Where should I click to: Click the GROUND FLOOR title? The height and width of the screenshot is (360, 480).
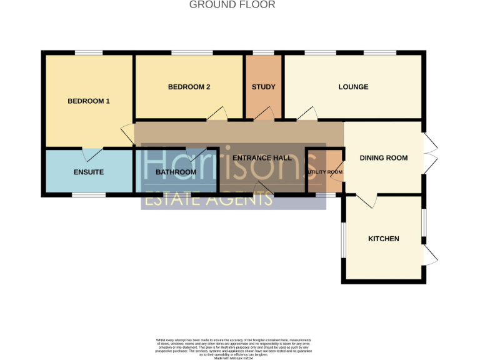[x=232, y=5]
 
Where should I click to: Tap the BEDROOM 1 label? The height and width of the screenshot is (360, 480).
[x=89, y=101]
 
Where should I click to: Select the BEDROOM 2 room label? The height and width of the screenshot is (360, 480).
[x=189, y=87]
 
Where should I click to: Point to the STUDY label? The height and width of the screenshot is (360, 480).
[x=263, y=87]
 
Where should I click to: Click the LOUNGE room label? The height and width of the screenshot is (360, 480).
[x=353, y=87]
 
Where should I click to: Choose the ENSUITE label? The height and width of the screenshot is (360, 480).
[x=88, y=172]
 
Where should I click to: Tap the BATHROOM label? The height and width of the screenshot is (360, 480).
[x=176, y=172]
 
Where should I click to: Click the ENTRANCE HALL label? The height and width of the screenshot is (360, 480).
[x=262, y=158]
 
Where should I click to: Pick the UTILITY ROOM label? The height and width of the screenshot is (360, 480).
[x=324, y=172]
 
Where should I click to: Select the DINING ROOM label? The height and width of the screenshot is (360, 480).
[x=384, y=158]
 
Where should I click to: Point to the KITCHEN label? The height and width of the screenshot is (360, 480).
[x=384, y=239]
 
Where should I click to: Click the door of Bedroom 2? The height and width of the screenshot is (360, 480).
[x=217, y=114]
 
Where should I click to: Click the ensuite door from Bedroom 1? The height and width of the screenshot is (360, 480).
[x=93, y=153]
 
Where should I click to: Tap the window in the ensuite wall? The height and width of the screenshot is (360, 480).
[x=88, y=196]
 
